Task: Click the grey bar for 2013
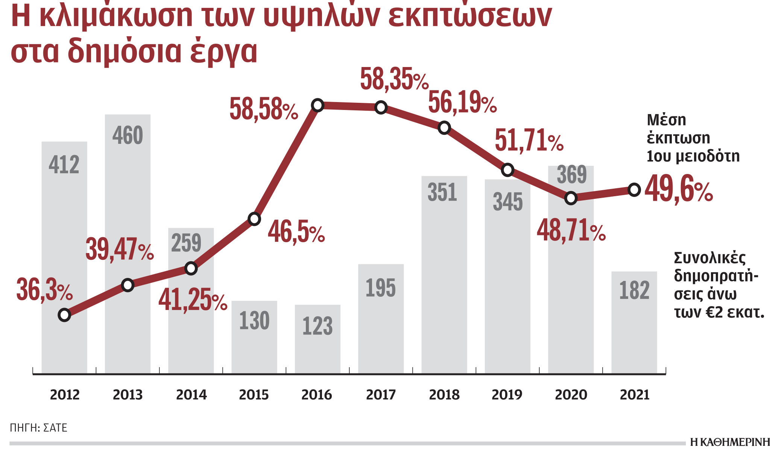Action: [128, 245]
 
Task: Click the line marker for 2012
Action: [64, 315]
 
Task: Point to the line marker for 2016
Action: [318, 105]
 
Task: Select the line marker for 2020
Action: [571, 198]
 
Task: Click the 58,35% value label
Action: [394, 79]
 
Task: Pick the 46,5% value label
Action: [296, 232]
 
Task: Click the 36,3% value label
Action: [44, 290]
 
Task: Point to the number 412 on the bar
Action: [64, 165]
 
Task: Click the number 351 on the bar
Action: [442, 192]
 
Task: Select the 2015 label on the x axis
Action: [254, 395]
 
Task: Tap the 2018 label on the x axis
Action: [444, 395]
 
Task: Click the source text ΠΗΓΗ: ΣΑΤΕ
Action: [38, 428]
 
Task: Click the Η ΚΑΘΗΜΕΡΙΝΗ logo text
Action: [730, 442]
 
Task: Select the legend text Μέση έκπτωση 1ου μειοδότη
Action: [692, 138]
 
